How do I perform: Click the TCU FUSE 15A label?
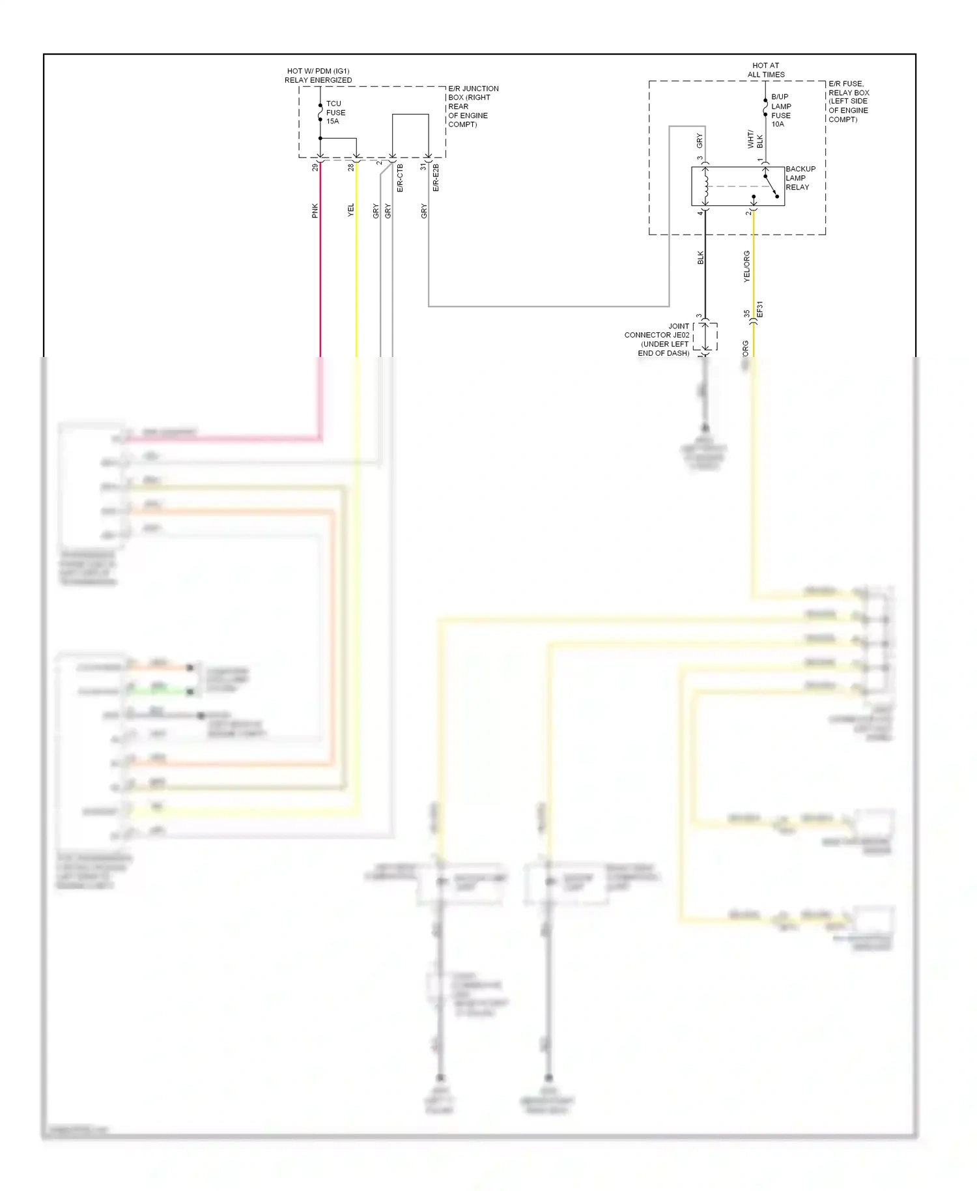pos(335,112)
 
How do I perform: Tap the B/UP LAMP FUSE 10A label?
pos(780,110)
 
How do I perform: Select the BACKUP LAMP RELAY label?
pos(800,178)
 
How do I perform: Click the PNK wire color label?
pos(315,210)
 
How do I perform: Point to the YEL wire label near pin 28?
pos(350,210)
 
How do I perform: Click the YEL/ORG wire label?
pos(746,266)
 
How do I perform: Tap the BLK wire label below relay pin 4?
pos(700,257)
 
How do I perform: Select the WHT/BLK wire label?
pos(755,139)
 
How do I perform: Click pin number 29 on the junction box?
pos(315,167)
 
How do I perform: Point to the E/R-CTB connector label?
pos(400,178)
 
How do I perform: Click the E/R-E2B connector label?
pos(436,178)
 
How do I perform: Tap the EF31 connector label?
pos(759,310)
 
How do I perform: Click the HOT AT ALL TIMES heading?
pos(765,70)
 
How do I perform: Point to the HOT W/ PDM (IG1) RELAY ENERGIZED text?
pos(318,76)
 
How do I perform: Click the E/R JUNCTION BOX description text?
pos(473,106)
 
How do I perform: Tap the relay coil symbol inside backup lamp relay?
pos(705,186)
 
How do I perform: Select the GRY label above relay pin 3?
pos(700,141)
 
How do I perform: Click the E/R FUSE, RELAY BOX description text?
pos(848,102)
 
